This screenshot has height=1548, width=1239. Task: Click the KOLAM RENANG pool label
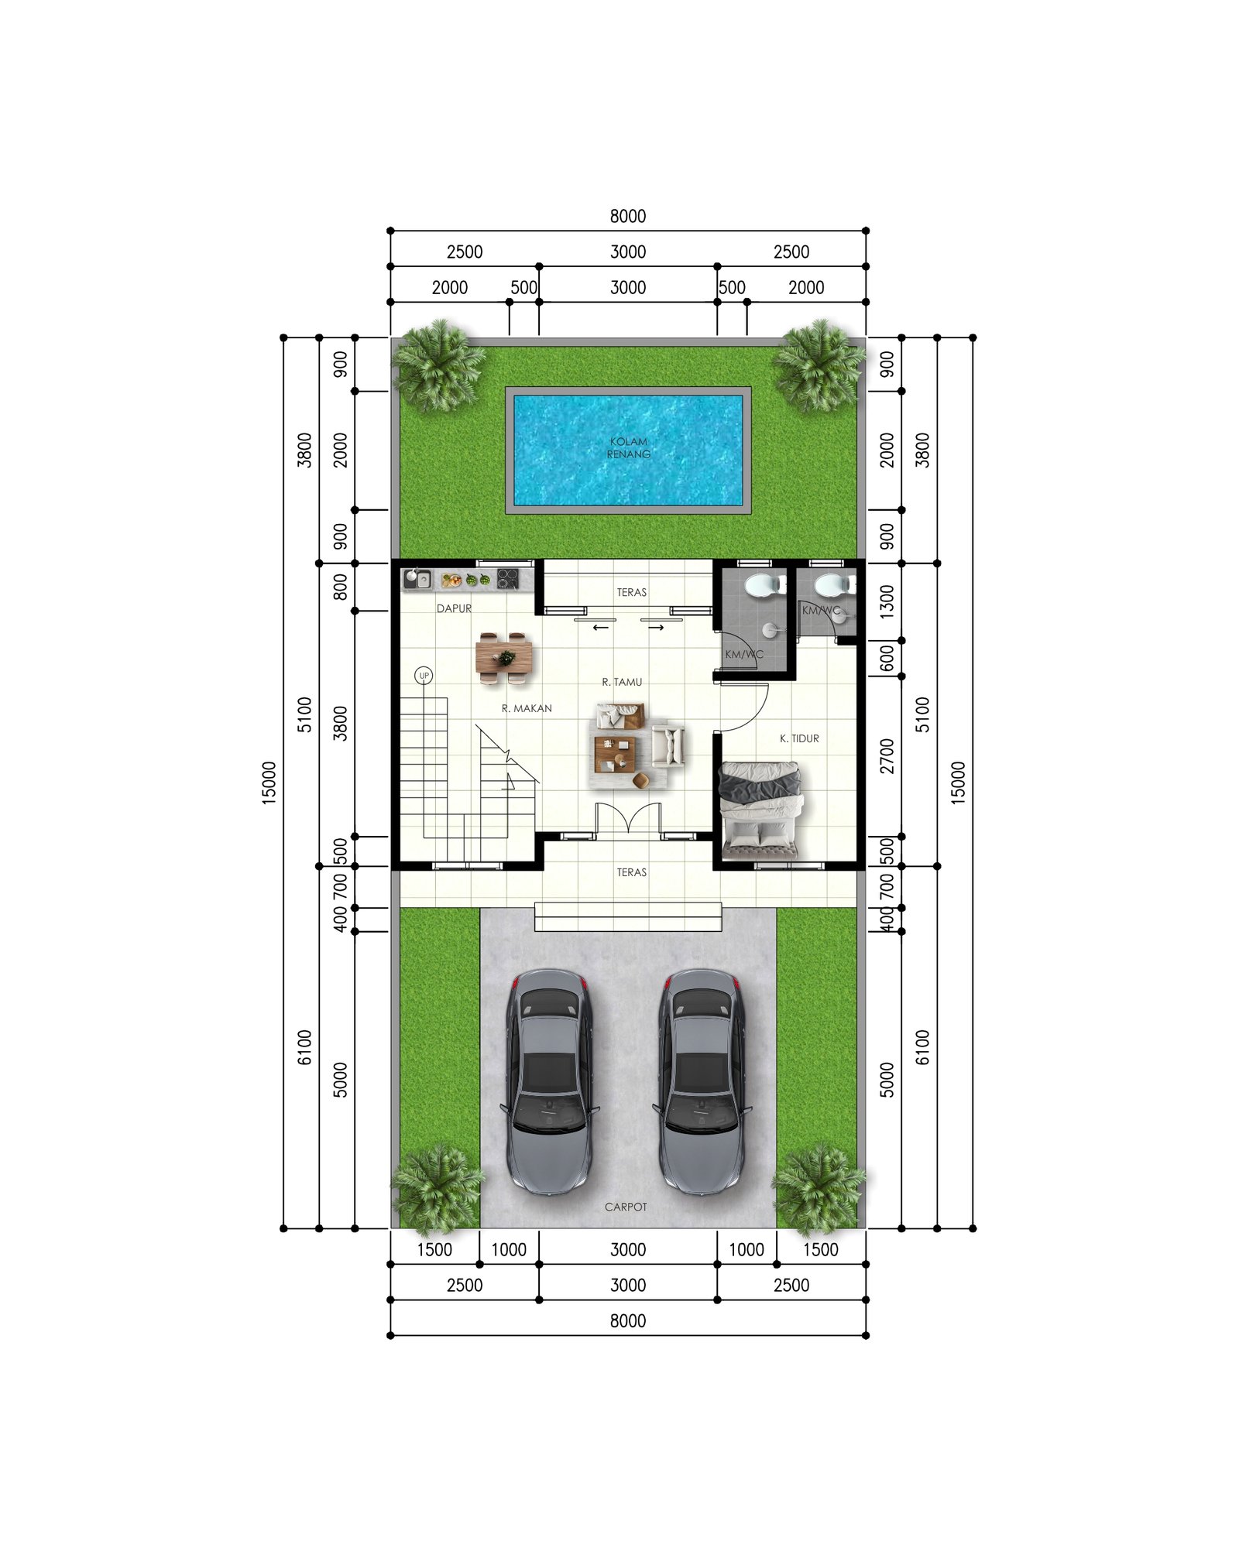(x=628, y=448)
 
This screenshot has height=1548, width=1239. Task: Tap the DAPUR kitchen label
(x=454, y=608)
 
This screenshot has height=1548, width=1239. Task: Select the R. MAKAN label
(x=527, y=708)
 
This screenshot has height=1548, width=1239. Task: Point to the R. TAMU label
(x=622, y=682)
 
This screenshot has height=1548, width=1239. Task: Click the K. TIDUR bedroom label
(x=799, y=738)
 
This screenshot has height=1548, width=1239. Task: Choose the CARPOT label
(x=626, y=1207)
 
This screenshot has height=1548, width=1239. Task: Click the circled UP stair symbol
(x=424, y=676)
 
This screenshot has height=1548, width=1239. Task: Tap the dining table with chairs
(x=505, y=659)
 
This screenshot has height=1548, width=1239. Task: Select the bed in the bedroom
(x=760, y=809)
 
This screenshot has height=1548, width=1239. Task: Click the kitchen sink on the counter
(x=417, y=578)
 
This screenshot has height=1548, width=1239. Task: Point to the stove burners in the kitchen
(x=507, y=578)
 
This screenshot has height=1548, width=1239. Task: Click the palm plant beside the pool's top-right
(x=819, y=365)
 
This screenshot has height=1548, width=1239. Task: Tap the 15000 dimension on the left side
(x=269, y=783)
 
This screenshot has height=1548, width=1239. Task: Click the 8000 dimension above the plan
(x=627, y=216)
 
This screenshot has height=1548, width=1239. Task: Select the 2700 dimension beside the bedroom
(x=887, y=756)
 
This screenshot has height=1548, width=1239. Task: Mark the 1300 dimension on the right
(x=887, y=601)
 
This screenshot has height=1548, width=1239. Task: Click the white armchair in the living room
(x=668, y=745)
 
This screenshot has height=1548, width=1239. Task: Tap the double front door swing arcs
(x=628, y=817)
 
